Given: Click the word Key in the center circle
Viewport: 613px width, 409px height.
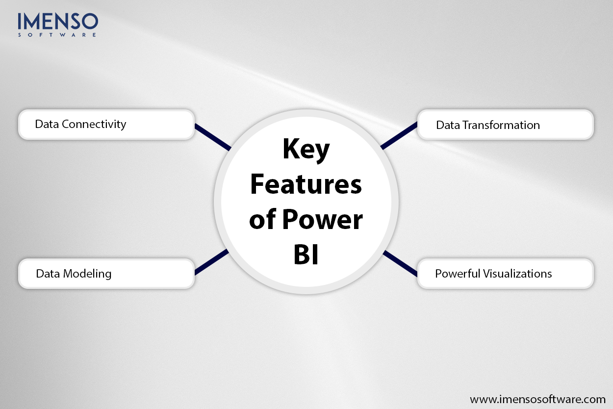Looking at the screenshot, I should point(306,150).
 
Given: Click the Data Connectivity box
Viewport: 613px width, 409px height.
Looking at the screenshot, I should point(106,125).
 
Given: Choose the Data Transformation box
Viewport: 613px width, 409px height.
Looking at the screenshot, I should point(505,125).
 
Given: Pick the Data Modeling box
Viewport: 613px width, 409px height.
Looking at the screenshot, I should point(106,273).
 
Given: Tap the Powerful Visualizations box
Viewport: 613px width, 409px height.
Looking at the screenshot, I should point(505,273).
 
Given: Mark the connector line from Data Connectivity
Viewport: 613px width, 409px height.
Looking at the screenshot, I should point(212,136).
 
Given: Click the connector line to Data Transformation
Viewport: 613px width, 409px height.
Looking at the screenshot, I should point(399,136).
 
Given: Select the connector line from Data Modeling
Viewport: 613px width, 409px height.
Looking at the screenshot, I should point(212,262).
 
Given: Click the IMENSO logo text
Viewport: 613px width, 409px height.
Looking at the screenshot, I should point(58,22).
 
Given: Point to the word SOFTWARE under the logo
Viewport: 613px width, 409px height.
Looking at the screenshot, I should point(58,35).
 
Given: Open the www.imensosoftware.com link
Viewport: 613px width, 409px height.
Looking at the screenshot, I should point(537,399).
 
